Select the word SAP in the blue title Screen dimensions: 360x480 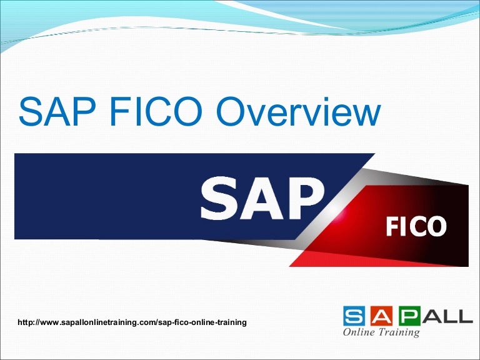coord(55,112)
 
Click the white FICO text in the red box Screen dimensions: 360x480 coord(415,227)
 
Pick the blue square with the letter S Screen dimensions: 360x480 coord(354,315)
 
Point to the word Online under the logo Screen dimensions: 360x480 coord(359,332)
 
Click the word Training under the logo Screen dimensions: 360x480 coord(398,332)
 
